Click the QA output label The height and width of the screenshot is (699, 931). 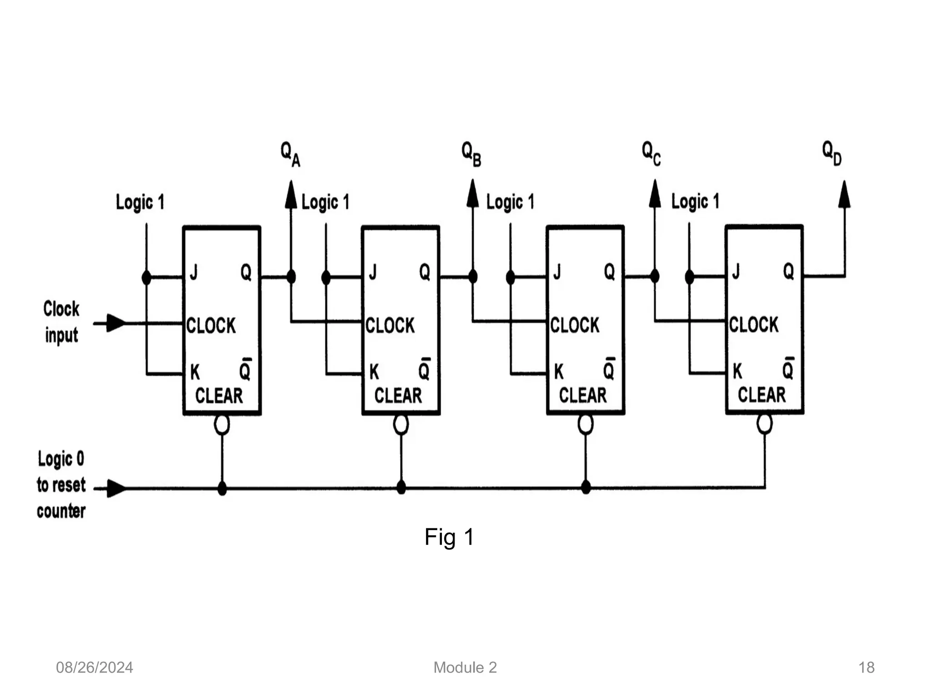coord(290,154)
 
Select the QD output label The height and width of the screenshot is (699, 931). coord(832,153)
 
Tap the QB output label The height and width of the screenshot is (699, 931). coord(471,154)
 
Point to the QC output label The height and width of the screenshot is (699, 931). coord(651,153)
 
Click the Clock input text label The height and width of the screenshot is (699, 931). coord(61,322)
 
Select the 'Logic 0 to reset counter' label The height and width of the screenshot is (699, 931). coord(61,485)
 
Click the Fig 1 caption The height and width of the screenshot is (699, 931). coord(449,537)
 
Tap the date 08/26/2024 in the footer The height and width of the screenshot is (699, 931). coord(94,668)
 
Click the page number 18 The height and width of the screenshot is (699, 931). coord(866,668)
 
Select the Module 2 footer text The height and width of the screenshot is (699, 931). coord(465,668)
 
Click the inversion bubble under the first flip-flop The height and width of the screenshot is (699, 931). coord(222,425)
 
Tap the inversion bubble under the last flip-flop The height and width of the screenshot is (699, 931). coord(764,424)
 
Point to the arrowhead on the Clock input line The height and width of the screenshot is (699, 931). coord(116,323)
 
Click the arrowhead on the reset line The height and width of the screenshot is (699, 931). coord(116,488)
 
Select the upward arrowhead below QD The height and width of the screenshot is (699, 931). coord(844,195)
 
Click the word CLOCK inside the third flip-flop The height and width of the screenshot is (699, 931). coord(575,325)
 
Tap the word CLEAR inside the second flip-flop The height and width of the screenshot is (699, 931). coord(398,395)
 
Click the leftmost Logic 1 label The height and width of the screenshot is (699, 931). coord(140,202)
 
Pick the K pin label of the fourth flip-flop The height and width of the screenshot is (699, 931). coord(737,371)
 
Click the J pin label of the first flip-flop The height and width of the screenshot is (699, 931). coord(194,273)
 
